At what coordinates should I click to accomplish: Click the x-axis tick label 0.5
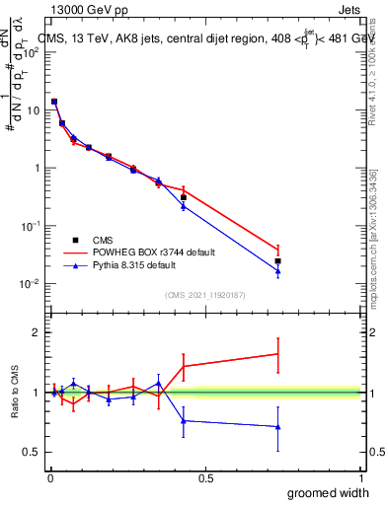click(205, 478)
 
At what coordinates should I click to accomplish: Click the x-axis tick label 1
click(360, 478)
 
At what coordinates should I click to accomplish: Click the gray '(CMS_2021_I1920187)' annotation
click(204, 294)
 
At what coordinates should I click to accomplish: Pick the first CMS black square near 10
click(54, 102)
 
